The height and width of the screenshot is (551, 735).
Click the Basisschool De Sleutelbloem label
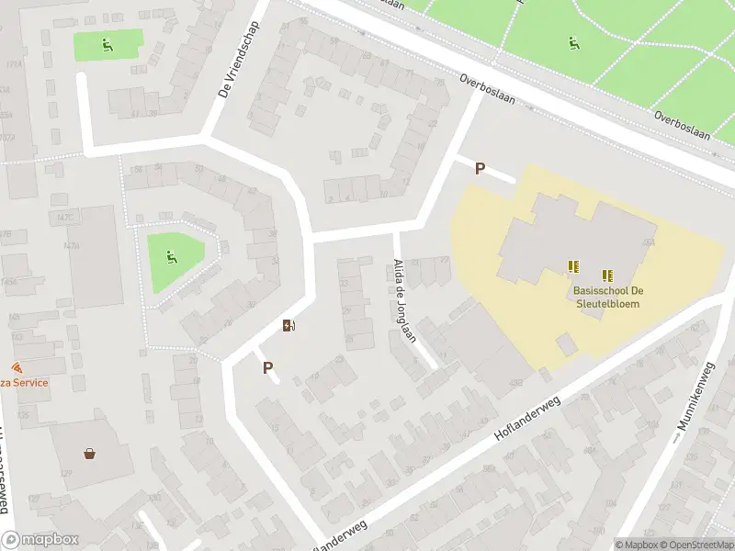coord(602,297)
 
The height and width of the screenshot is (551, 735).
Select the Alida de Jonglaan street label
coord(403,298)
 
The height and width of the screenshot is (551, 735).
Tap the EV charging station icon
coord(288,325)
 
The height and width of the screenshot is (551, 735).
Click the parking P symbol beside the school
coord(480,168)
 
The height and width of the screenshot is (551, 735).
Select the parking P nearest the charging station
coord(268,367)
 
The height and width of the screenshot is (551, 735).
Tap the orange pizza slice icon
coord(17,366)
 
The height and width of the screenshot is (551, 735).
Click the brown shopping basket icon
coord(90,453)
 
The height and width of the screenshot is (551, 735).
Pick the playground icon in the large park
coord(573,42)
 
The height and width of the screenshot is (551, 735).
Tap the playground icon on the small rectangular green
coord(107,42)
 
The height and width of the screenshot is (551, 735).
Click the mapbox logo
coord(40,540)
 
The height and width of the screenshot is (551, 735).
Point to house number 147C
coord(64,218)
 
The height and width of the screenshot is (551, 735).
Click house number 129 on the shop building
coord(66,473)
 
